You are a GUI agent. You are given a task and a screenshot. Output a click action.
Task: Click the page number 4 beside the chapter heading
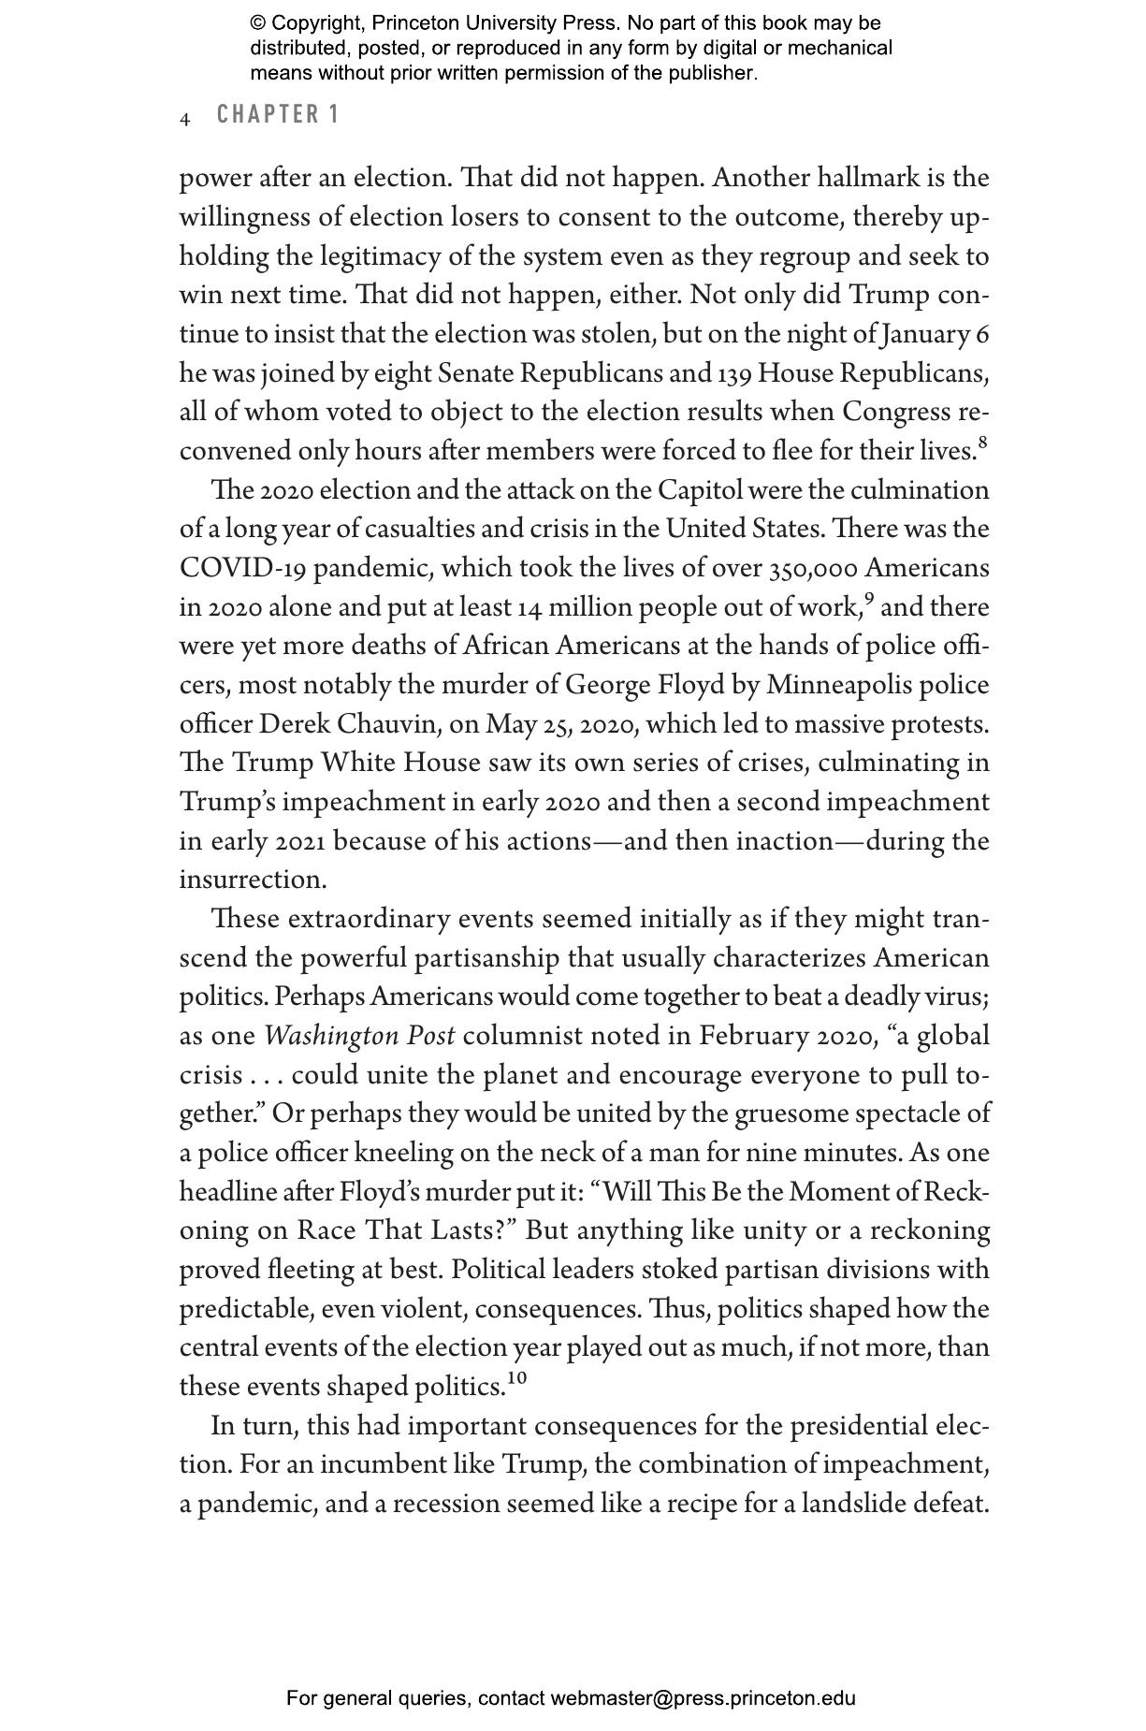(x=185, y=119)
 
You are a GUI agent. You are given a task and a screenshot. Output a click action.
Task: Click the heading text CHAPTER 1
(x=277, y=115)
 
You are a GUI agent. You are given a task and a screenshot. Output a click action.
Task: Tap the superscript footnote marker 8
(x=983, y=442)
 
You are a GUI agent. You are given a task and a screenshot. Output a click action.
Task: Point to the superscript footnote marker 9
(x=870, y=599)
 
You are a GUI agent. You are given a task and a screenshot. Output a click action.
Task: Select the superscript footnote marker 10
(x=517, y=1377)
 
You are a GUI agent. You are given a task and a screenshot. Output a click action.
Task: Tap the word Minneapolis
(x=839, y=686)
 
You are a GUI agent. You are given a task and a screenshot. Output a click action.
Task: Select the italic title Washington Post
(x=359, y=1037)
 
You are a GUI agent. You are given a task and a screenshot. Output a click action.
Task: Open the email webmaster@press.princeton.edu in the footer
(x=703, y=1698)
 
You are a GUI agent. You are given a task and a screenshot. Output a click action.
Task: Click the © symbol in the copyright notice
(x=258, y=23)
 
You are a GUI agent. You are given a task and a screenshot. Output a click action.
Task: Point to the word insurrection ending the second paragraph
(x=253, y=880)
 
